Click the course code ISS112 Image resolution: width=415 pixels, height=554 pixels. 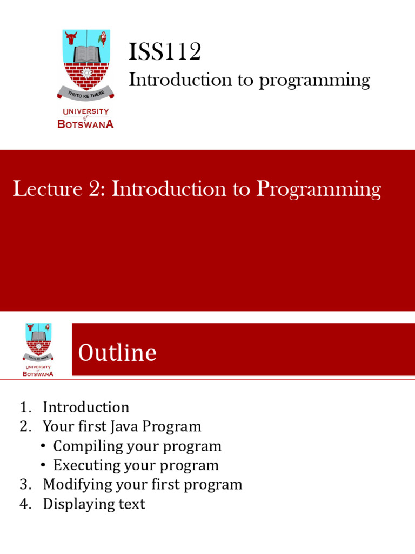165,52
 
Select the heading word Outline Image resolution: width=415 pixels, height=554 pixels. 117,353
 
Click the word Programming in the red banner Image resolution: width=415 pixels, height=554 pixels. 318,190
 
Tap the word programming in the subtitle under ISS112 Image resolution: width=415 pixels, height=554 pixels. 314,81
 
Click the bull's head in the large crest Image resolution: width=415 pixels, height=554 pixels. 71,38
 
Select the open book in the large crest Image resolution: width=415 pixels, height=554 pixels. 86,53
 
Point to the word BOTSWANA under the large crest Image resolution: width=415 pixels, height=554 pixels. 85,124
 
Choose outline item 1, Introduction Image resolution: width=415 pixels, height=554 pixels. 86,407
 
